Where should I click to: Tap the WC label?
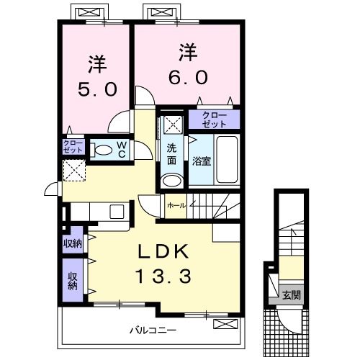(x=122, y=150)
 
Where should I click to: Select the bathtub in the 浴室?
(x=227, y=160)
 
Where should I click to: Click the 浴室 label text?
(x=202, y=161)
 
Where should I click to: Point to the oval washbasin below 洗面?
(x=171, y=181)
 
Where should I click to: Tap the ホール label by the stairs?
(x=176, y=206)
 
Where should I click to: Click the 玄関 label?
(x=291, y=295)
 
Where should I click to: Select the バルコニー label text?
(x=153, y=330)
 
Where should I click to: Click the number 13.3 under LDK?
(x=163, y=276)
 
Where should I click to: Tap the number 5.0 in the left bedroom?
(x=97, y=89)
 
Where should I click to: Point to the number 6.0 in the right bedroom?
(x=188, y=77)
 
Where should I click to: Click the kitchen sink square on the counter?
(x=117, y=212)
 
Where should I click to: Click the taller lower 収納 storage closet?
(x=73, y=280)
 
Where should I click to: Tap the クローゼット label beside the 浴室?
(x=215, y=120)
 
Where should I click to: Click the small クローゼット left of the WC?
(x=73, y=147)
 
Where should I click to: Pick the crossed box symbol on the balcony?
(x=225, y=324)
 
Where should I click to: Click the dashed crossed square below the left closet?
(x=74, y=171)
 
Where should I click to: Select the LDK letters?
(x=163, y=251)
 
